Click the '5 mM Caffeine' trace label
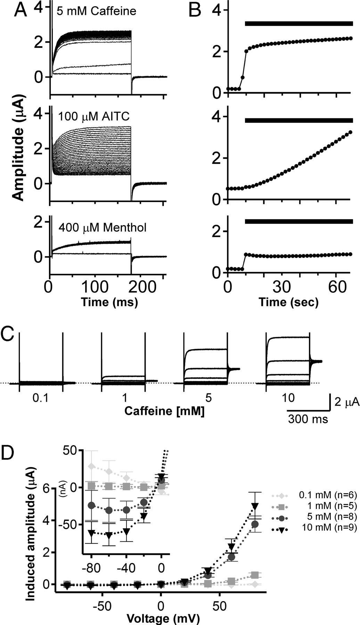(x=96, y=11)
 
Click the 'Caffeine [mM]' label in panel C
(x=164, y=412)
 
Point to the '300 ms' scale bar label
(x=308, y=419)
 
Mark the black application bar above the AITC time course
(x=299, y=120)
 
